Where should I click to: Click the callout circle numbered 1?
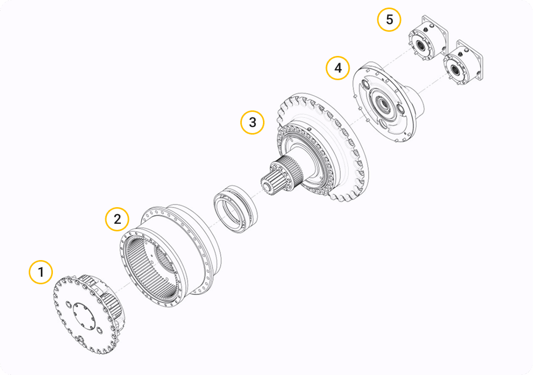pyautogui.click(x=41, y=272)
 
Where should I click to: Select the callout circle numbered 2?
pyautogui.click(x=117, y=219)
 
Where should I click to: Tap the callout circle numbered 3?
pyautogui.click(x=252, y=122)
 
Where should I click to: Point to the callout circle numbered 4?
pyautogui.click(x=338, y=68)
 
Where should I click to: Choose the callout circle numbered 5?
pyautogui.click(x=389, y=20)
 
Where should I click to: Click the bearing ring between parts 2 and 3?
pyautogui.click(x=235, y=209)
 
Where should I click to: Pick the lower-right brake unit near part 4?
pyautogui.click(x=463, y=62)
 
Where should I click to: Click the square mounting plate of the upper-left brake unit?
pyautogui.click(x=438, y=32)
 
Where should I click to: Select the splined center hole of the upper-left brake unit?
pyautogui.click(x=421, y=44)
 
